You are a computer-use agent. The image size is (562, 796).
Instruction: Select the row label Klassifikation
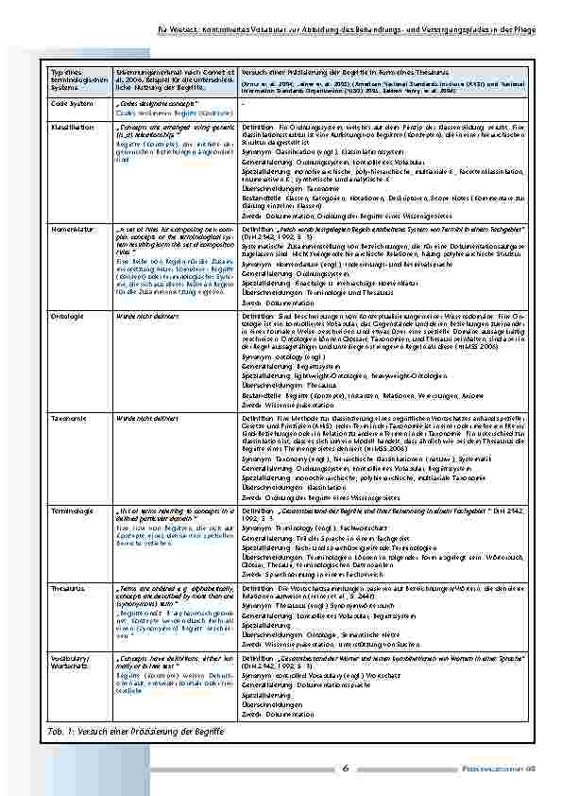(x=71, y=125)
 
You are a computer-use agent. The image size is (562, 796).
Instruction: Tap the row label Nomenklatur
(x=71, y=229)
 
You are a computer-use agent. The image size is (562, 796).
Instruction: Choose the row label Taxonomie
(x=69, y=416)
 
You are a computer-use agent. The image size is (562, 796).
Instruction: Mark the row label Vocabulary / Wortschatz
(x=70, y=658)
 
